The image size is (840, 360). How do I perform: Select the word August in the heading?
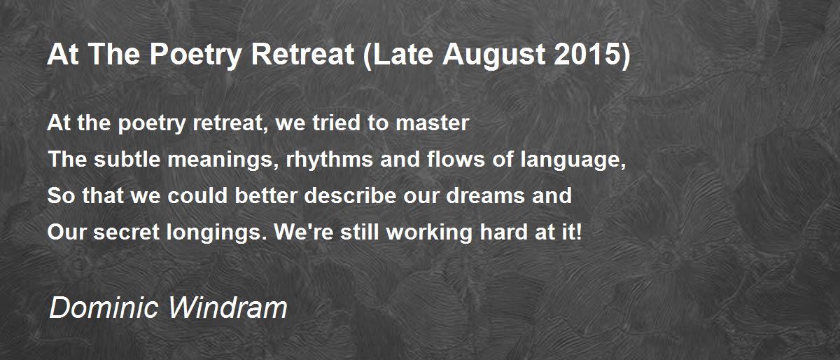[493, 55]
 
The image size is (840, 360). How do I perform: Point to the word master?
[432, 123]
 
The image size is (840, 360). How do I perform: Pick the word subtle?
[127, 159]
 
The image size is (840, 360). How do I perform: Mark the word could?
[197, 195]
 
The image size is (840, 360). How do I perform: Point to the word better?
[266, 195]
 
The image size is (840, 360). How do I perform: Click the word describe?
[350, 195]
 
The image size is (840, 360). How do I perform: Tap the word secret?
[127, 233]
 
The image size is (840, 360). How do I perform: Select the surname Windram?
[227, 307]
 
